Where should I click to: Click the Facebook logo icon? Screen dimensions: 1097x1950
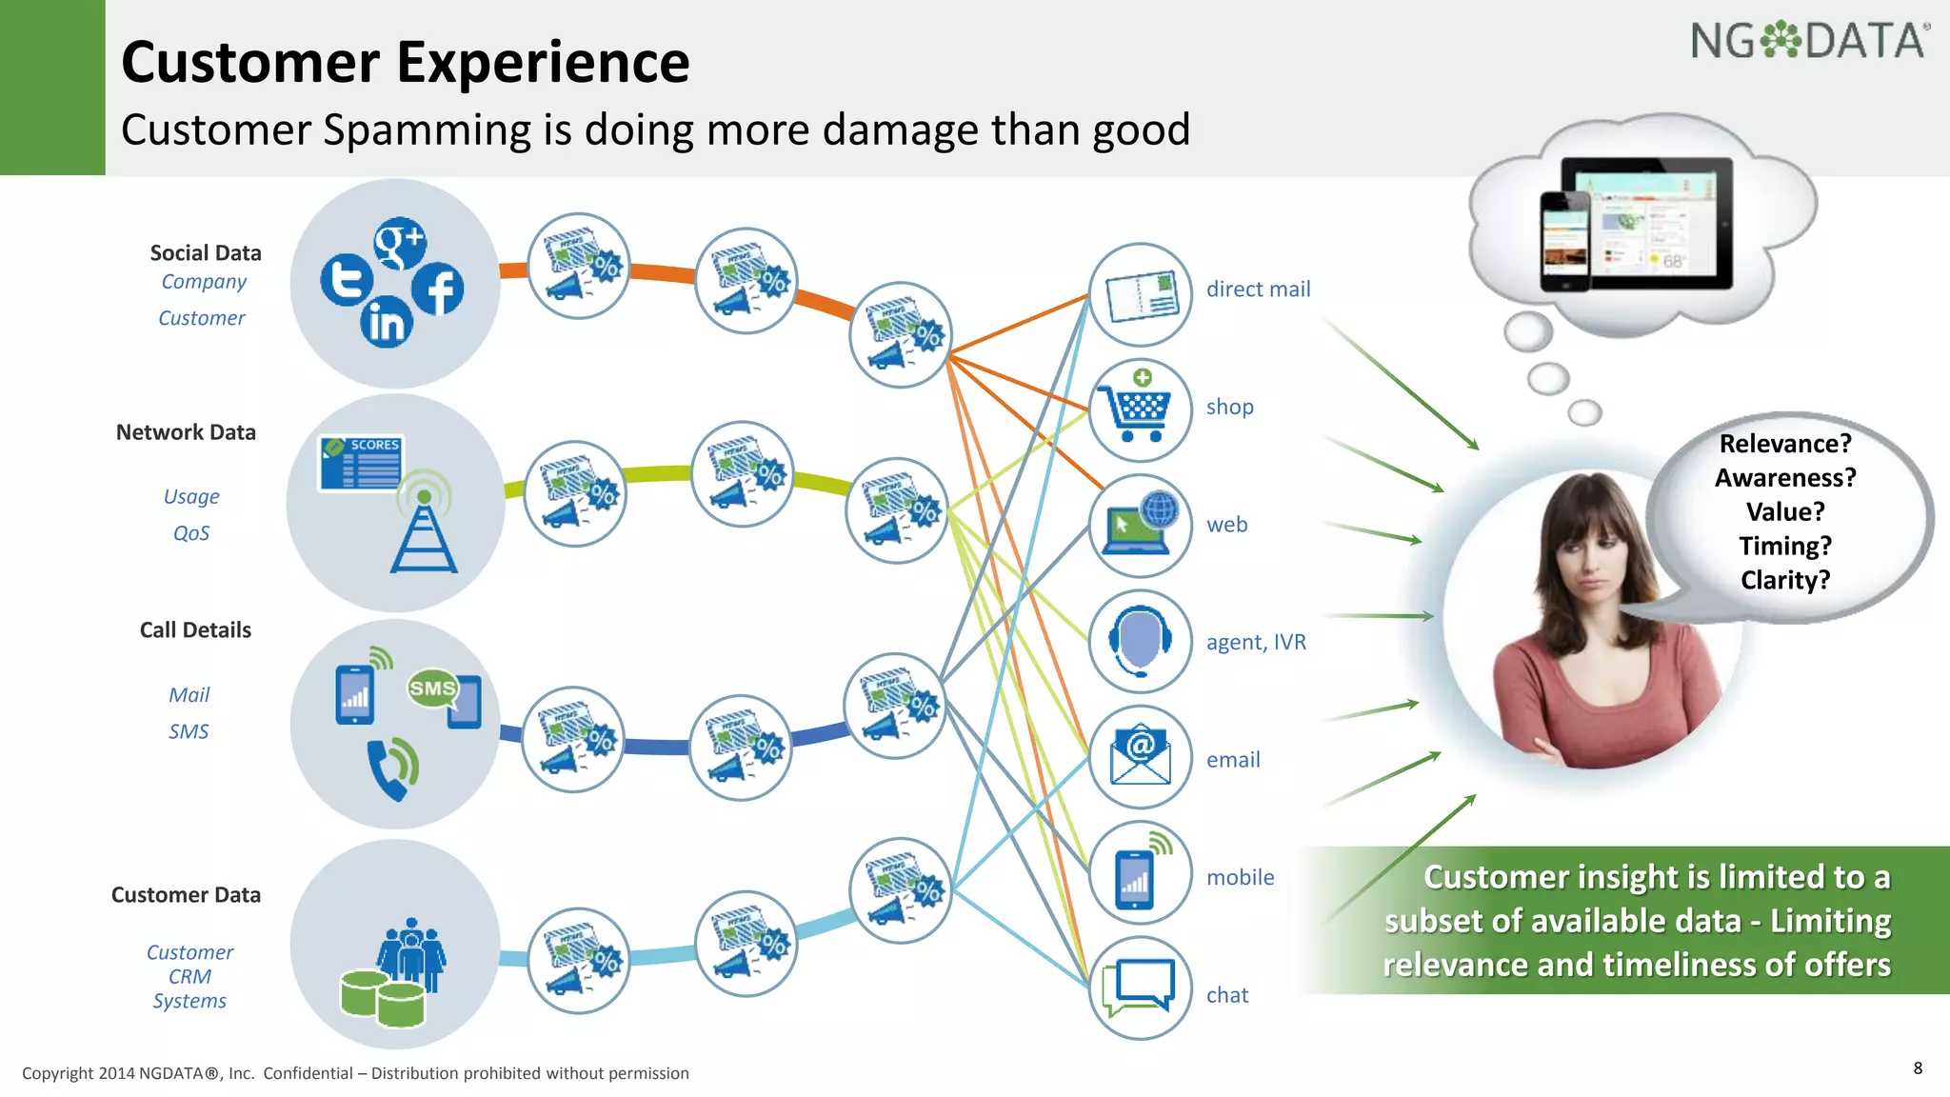[438, 289]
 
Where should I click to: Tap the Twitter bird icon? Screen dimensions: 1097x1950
[347, 280]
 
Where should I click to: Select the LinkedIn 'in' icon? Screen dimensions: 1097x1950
[387, 322]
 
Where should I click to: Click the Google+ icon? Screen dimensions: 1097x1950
[400, 244]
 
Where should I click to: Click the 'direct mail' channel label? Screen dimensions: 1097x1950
[1258, 289]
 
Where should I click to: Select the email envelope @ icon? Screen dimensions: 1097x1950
[1140, 756]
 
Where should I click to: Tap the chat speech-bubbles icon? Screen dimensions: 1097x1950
[1139, 988]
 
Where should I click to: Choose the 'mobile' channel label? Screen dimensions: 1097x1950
[1240, 877]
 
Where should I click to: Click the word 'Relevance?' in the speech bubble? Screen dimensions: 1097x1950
[1785, 444]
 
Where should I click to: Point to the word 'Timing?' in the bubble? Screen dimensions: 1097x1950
[1785, 546]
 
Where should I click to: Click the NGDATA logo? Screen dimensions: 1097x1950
[1809, 42]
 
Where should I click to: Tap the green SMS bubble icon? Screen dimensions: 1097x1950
[433, 688]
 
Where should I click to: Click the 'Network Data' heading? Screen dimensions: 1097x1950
[186, 432]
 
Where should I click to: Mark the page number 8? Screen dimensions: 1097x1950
[1918, 1068]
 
